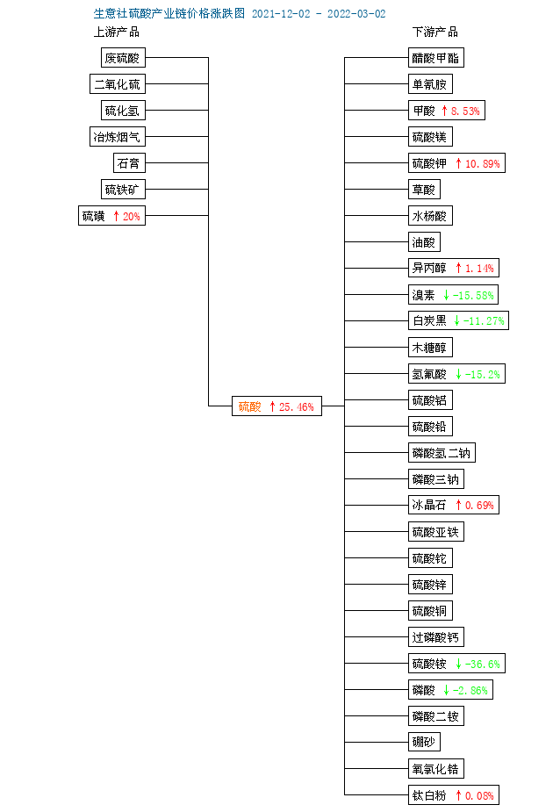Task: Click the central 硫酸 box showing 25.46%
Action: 276,406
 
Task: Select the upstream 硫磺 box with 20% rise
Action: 111,215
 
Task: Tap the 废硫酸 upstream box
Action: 123,57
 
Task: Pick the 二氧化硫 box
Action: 118,84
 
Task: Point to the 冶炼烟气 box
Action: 118,137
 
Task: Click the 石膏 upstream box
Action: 129,163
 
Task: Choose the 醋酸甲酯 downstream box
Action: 436,57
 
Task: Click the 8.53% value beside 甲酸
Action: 465,111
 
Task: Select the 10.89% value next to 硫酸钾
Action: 483,163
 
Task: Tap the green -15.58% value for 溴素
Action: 473,295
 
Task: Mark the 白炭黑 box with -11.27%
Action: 459,320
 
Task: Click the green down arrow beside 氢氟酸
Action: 458,374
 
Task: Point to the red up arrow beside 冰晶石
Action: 458,505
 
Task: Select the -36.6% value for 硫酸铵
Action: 483,664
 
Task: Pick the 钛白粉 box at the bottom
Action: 454,795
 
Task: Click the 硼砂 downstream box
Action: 424,742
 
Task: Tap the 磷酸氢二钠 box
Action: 442,453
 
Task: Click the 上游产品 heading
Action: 117,32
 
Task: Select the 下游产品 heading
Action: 435,32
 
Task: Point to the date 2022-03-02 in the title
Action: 356,13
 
